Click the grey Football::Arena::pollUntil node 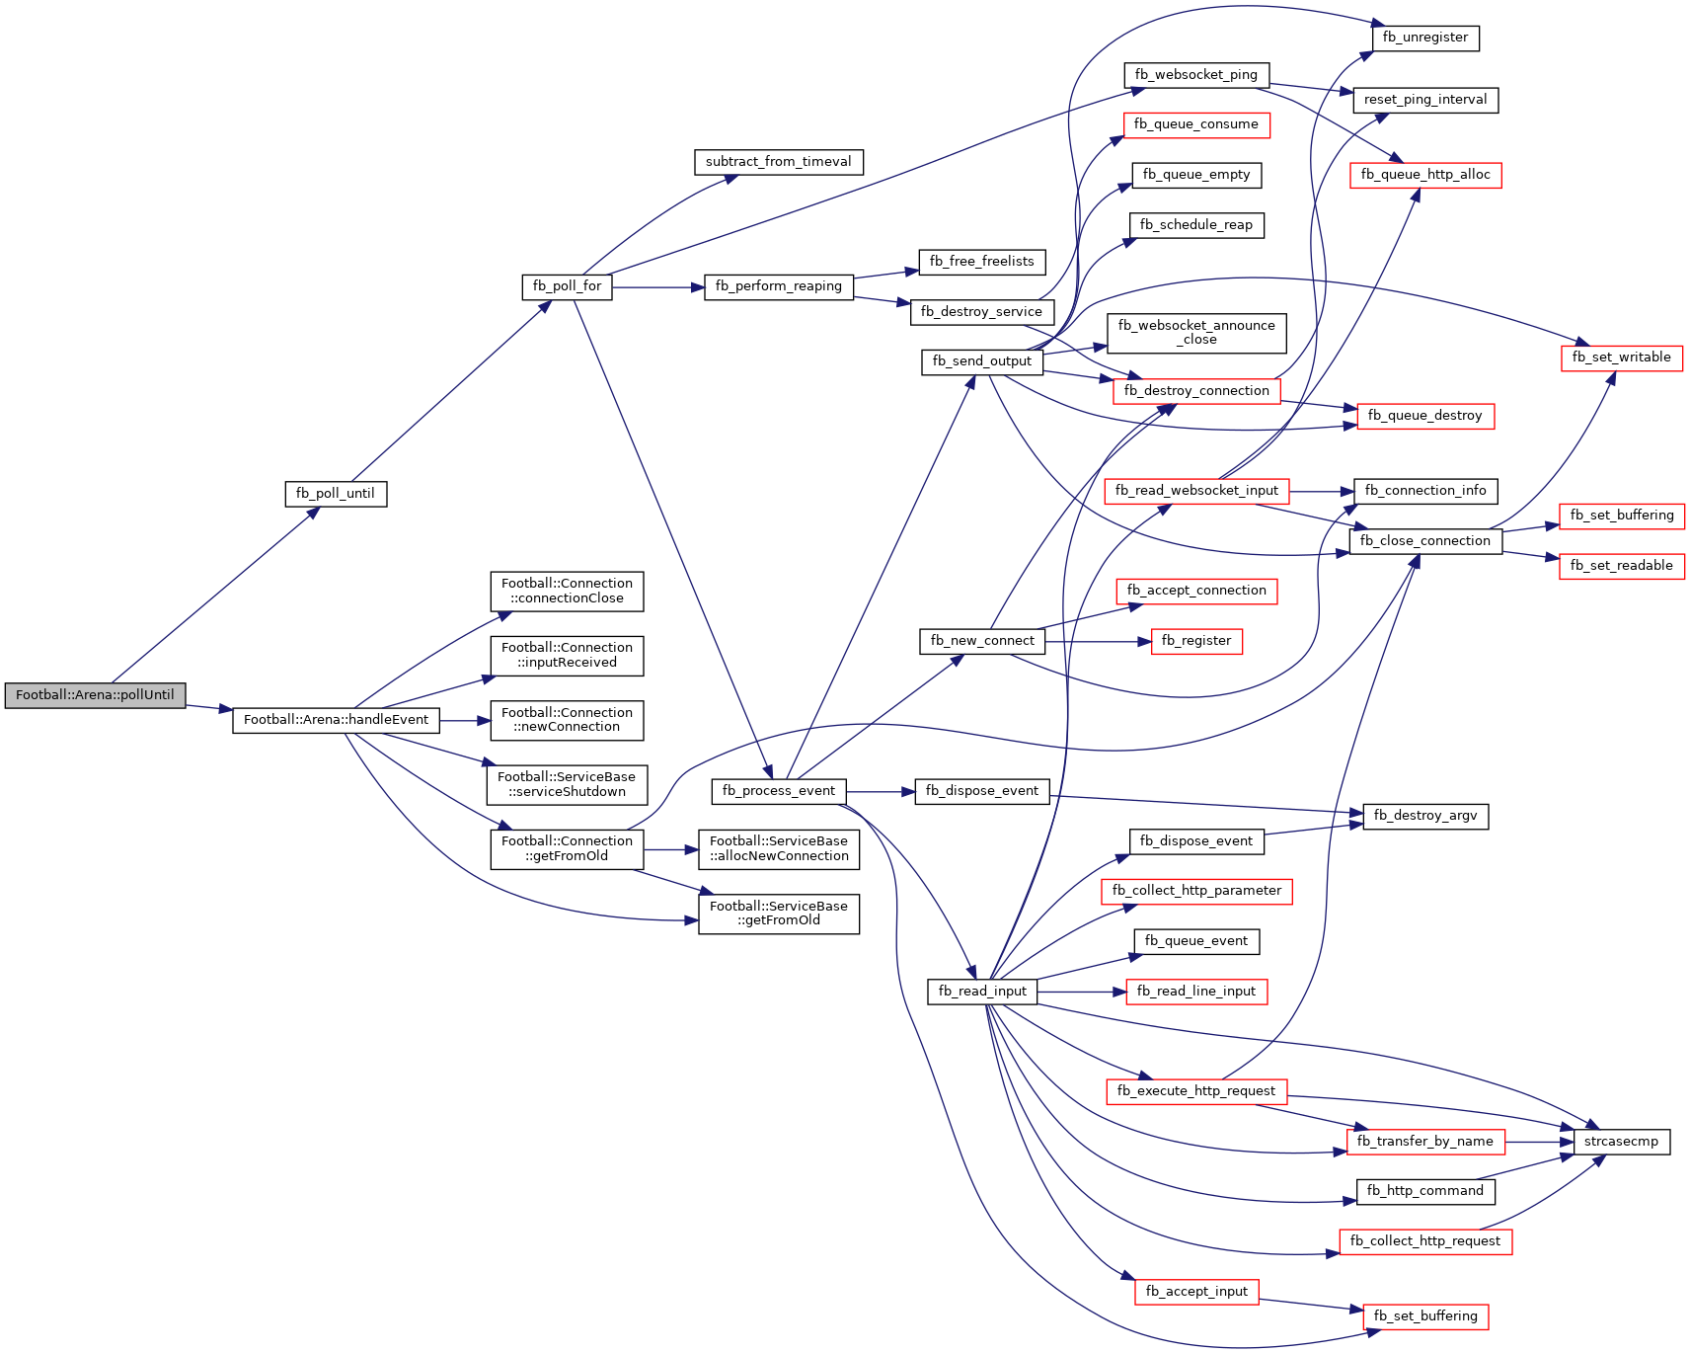(x=95, y=695)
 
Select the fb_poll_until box (x=336, y=494)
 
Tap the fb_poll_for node (x=567, y=286)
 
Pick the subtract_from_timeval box (x=779, y=162)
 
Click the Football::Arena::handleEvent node (x=336, y=720)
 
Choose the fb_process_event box (x=779, y=791)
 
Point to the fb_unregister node (x=1425, y=38)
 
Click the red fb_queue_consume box (x=1196, y=124)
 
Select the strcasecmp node (x=1621, y=1142)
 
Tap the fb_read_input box (x=982, y=992)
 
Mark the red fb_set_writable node (x=1622, y=358)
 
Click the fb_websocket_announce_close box (x=1196, y=333)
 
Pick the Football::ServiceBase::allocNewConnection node (x=779, y=849)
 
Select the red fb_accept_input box (x=1196, y=1292)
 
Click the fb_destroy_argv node (x=1425, y=816)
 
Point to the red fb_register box (x=1196, y=641)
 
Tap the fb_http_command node (x=1425, y=1191)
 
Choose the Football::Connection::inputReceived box (x=567, y=656)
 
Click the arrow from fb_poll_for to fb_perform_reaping (x=658, y=287)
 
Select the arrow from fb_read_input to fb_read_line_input (x=1082, y=992)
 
